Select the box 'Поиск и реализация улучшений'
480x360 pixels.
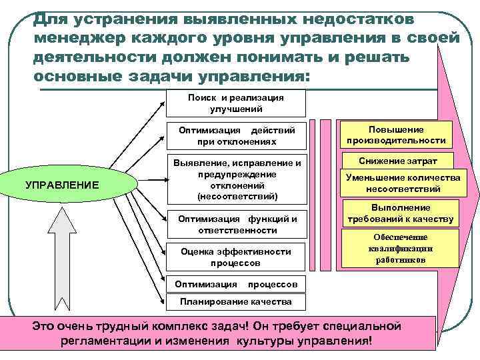click(235, 103)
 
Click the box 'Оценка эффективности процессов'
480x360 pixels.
click(236, 257)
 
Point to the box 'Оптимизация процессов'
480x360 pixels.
click(235, 284)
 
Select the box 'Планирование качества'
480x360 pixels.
click(236, 301)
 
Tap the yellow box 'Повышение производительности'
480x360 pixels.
click(395, 135)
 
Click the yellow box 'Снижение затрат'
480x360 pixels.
click(398, 161)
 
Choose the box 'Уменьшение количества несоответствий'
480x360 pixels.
click(403, 183)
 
